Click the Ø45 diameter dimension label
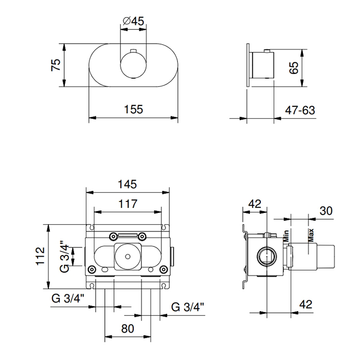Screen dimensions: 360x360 tap(133, 21)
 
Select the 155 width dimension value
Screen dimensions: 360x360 tap(133, 109)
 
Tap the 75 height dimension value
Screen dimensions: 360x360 tap(56, 65)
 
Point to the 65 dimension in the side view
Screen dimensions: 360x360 tap(294, 68)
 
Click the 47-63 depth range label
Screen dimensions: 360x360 tap(300, 110)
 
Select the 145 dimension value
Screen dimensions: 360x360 tap(127, 184)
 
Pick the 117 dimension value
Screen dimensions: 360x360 tap(128, 204)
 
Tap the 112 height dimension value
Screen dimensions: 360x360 tap(40, 256)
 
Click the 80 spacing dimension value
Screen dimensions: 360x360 tap(128, 329)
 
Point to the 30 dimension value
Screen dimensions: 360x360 tap(326, 211)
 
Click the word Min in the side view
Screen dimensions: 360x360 tap(286, 236)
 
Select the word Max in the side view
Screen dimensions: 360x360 tap(311, 236)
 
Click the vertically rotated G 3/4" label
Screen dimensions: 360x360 tap(64, 257)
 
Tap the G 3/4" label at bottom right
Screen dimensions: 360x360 tap(188, 307)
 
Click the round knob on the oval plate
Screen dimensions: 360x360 tap(133, 65)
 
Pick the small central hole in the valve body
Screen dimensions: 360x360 tap(128, 257)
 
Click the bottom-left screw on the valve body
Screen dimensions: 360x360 tap(92, 269)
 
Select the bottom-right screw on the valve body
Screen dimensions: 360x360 tap(164, 269)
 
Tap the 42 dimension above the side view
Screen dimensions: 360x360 tap(255, 204)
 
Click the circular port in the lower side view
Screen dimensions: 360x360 tap(267, 256)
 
